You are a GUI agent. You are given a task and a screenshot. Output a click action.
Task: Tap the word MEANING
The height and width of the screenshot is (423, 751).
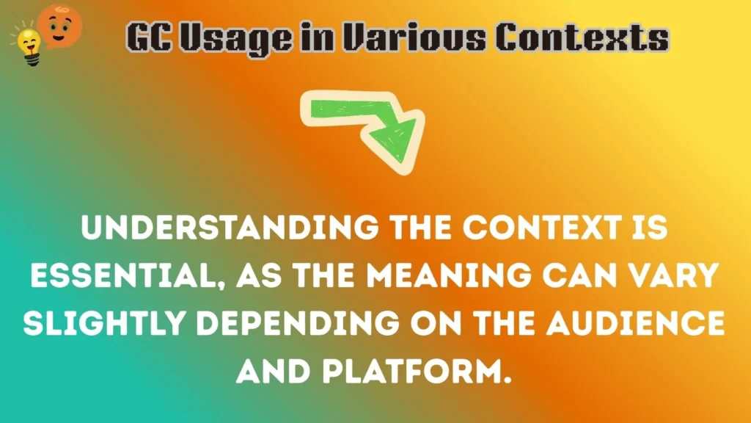tap(439, 277)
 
